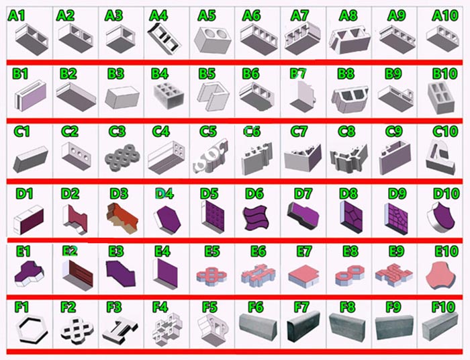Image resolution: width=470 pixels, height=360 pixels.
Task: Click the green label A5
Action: coord(207,15)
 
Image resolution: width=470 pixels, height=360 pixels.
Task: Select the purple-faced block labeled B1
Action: coord(31,95)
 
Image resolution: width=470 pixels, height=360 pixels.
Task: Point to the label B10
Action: coord(444,74)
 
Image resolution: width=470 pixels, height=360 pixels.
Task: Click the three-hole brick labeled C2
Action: coord(76,156)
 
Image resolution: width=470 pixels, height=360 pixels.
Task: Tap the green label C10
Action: coord(445,131)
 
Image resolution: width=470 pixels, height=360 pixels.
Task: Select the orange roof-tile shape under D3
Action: coord(122,218)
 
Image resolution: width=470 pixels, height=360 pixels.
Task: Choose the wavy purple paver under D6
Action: coord(255,218)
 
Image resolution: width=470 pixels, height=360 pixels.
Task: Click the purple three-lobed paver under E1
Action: coord(29,273)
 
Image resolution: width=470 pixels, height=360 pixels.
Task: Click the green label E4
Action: coord(162,251)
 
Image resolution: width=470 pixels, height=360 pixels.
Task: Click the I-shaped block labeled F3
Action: coord(120,330)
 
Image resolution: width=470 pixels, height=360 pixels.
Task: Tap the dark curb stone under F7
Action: coord(303,326)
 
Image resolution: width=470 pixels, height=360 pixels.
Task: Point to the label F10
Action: coord(444,307)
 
